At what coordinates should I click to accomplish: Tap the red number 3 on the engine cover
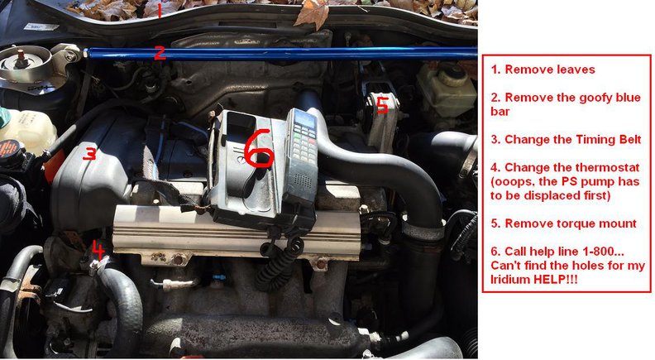89,153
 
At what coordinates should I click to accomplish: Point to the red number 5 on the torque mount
382,104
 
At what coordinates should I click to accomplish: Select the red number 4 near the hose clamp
98,250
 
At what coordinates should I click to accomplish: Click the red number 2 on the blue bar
160,54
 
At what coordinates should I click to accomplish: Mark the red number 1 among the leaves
159,10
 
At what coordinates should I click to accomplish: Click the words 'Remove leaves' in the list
550,70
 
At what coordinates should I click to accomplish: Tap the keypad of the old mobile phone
304,146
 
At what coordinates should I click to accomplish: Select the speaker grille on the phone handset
302,180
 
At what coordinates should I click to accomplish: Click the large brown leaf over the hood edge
312,13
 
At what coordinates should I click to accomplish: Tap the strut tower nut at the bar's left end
20,55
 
